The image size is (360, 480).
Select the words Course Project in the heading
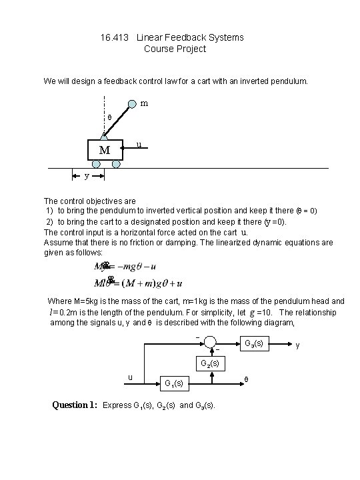click(175, 49)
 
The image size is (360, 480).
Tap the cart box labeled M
click(105, 150)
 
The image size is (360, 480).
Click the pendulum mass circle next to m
click(133, 103)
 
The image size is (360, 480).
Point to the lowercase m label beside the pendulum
click(145, 104)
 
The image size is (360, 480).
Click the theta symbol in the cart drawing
click(110, 118)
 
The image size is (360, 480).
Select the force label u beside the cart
click(138, 145)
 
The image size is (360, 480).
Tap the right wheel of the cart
click(117, 163)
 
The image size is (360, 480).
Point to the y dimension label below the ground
click(87, 176)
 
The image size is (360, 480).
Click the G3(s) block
click(253, 345)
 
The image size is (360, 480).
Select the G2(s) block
click(211, 364)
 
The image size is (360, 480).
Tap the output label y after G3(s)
click(297, 345)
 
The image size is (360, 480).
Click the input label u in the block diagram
click(130, 378)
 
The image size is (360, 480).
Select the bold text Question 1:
click(75, 405)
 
